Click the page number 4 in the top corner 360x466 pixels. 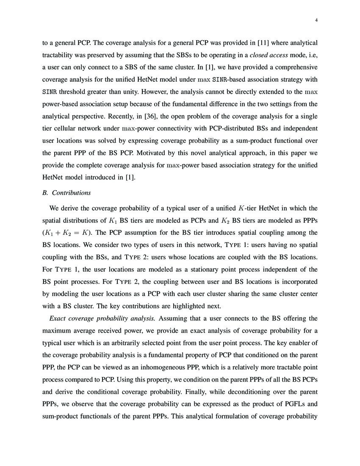click(x=316, y=20)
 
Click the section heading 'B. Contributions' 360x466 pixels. click(x=67, y=193)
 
